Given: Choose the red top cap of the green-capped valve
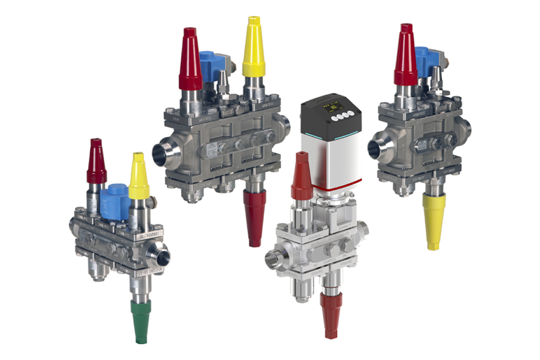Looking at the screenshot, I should click(x=97, y=161).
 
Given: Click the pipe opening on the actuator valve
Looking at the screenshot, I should click(x=272, y=259).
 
